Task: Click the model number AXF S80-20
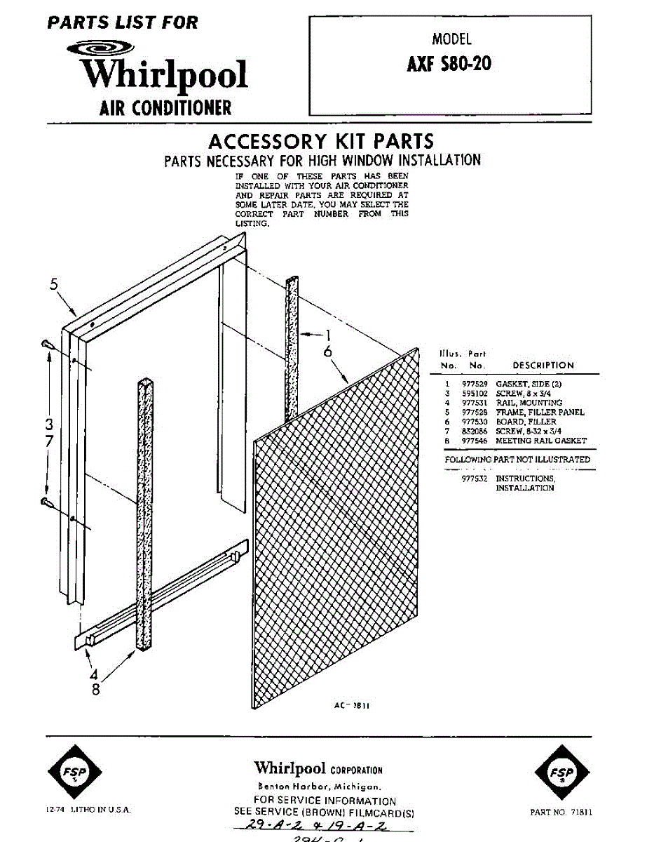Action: (449, 65)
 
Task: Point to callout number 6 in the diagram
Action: (327, 352)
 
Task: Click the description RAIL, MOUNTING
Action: (529, 403)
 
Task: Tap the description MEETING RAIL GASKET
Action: (540, 441)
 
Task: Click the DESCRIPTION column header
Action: (543, 366)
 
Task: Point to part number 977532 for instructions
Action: (475, 479)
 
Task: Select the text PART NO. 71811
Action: (561, 812)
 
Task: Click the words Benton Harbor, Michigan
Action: (318, 787)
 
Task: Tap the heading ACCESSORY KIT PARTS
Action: (321, 141)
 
